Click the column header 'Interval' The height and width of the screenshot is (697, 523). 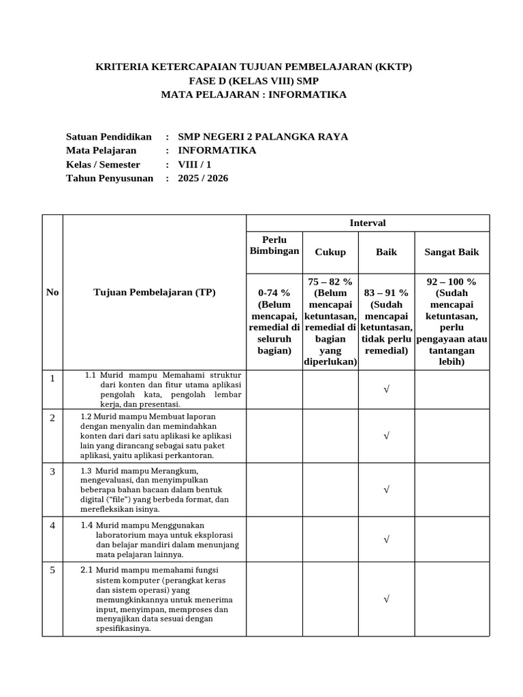click(368, 223)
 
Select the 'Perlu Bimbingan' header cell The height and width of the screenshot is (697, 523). click(274, 246)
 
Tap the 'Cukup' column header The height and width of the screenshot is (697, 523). click(330, 252)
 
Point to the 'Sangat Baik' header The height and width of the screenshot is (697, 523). click(451, 252)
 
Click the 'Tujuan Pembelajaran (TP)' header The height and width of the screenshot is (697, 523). click(154, 293)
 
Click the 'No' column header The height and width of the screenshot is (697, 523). click(52, 293)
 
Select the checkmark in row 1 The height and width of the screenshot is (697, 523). click(386, 389)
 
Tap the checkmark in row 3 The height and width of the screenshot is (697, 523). click(386, 489)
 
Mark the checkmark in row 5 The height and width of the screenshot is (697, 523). click(386, 599)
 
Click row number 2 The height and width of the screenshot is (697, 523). click(52, 418)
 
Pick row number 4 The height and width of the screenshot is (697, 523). click(52, 526)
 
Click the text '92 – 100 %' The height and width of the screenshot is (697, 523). click(451, 282)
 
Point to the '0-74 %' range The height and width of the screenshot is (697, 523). click(274, 293)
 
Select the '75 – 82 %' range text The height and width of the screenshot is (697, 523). click(330, 282)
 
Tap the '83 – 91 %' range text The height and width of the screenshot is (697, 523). click(386, 293)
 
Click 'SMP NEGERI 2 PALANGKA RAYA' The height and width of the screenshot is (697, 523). click(262, 137)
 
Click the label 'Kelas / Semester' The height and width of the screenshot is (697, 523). click(103, 165)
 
